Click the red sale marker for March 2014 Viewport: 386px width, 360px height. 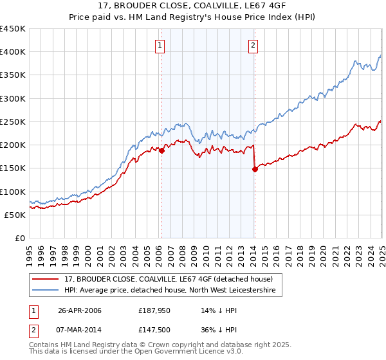[x=255, y=169]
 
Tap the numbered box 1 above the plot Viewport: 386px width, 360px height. [x=159, y=45]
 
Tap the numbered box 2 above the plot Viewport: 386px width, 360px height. [x=253, y=45]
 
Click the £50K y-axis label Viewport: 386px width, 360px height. [x=15, y=215]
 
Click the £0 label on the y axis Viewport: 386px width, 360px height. [x=20, y=238]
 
